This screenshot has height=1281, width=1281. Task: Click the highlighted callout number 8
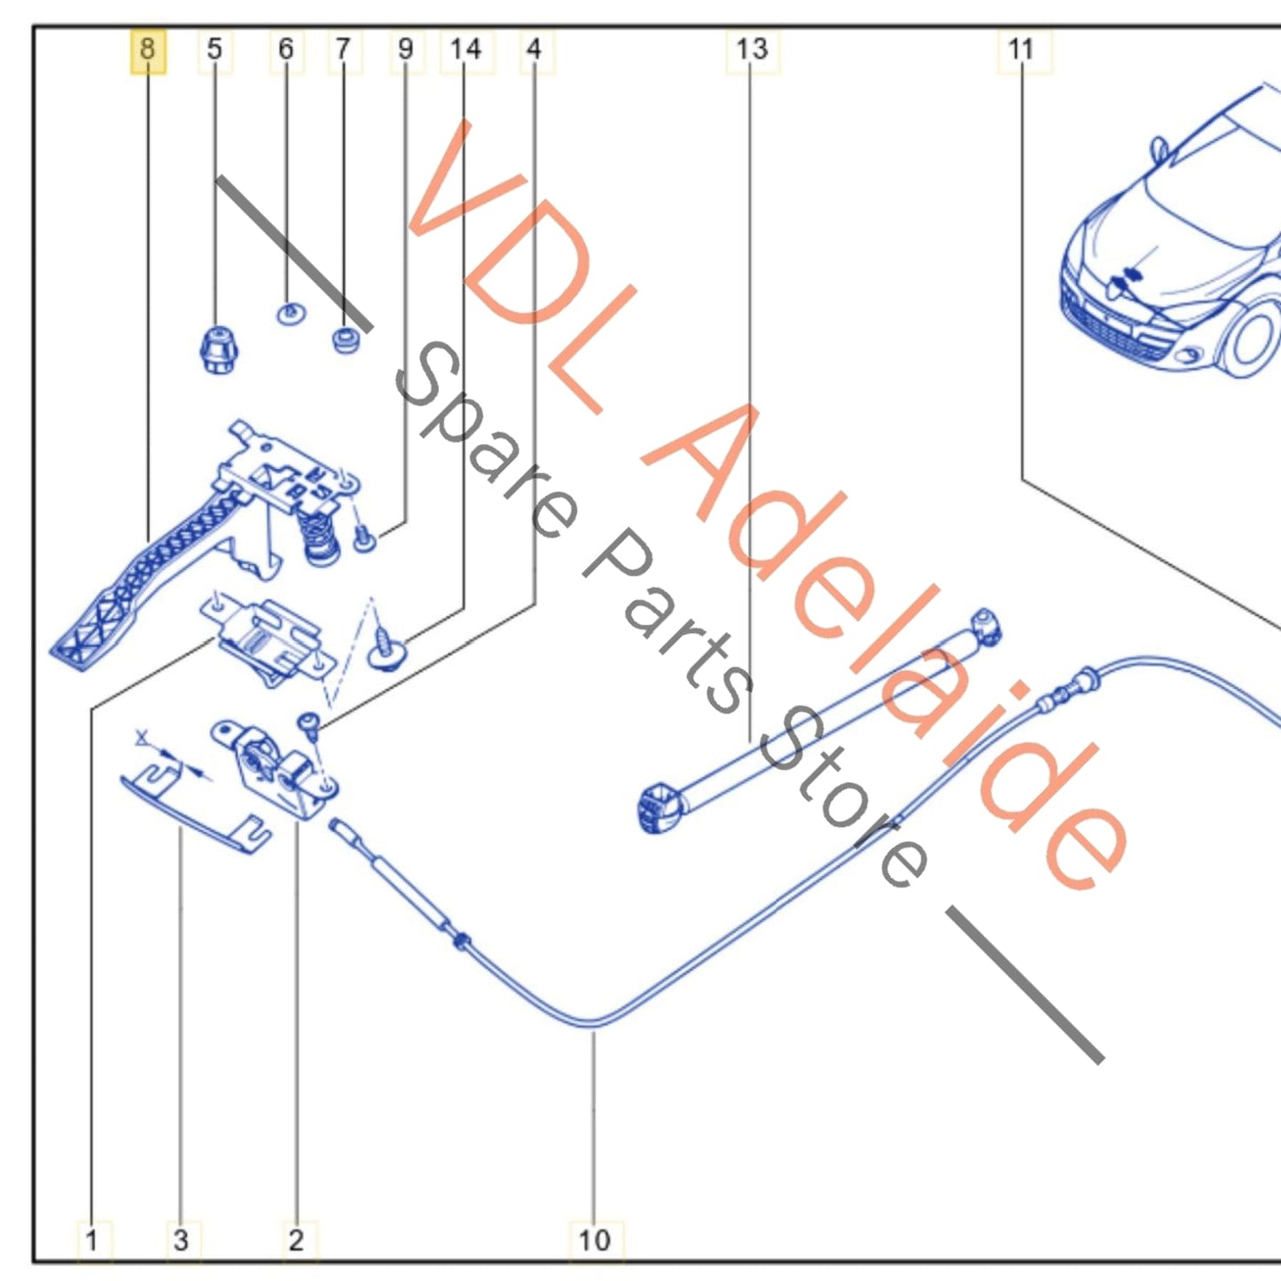point(147,50)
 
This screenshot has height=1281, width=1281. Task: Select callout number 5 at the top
point(214,50)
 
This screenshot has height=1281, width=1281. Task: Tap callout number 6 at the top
point(285,50)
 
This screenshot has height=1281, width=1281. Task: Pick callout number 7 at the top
point(343,50)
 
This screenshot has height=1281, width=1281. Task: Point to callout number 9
point(405,50)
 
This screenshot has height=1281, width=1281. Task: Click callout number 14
point(465,50)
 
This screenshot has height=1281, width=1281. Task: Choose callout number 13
point(753,50)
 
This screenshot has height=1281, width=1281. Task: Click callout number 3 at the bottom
point(181,1240)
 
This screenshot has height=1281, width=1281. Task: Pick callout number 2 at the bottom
point(296,1240)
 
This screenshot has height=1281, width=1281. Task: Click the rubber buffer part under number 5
point(219,349)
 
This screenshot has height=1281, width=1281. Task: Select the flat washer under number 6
point(291,314)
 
